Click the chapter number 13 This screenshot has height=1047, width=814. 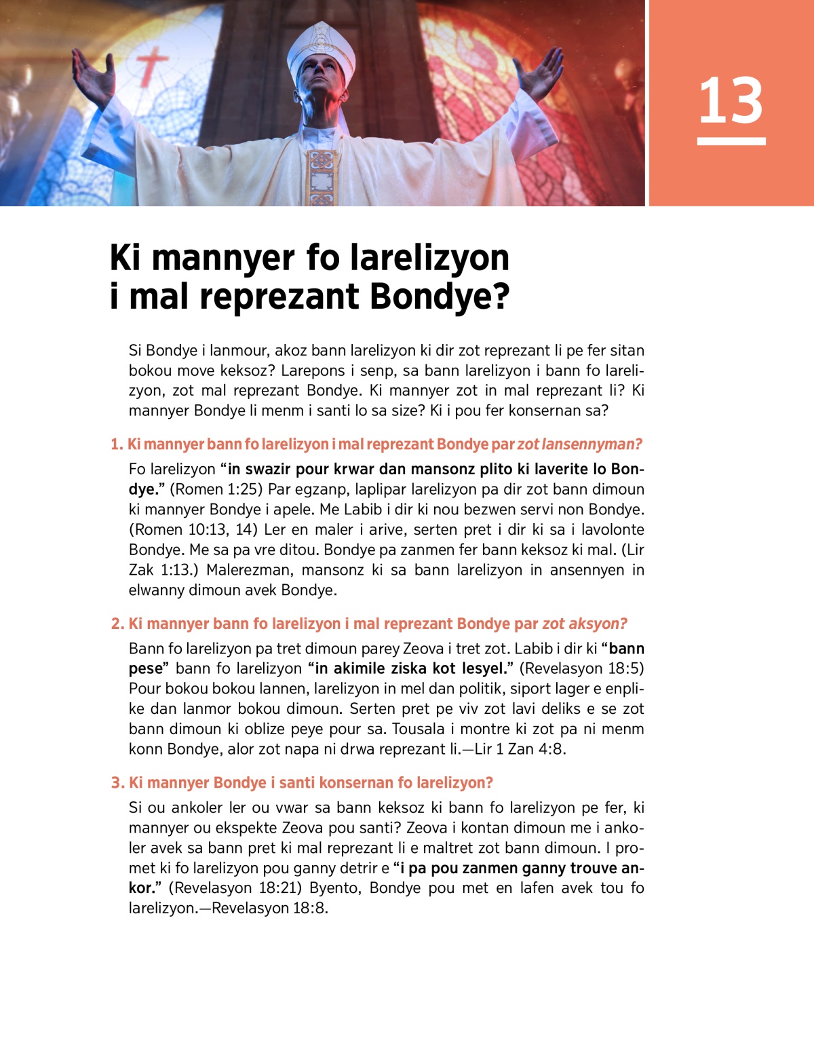(x=731, y=101)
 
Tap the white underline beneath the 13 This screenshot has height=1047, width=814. (x=731, y=141)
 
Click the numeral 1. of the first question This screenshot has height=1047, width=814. (x=117, y=444)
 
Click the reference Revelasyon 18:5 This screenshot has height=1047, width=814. (x=581, y=668)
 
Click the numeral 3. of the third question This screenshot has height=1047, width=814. (x=117, y=782)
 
